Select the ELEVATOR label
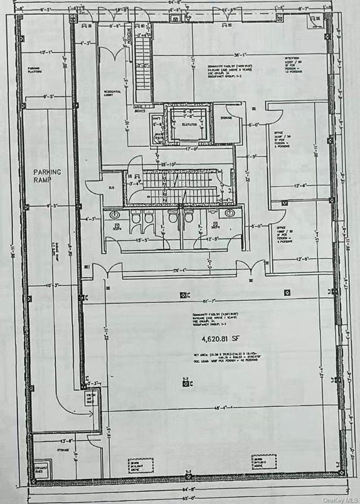click(x=189, y=125)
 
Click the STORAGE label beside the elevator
click(x=226, y=118)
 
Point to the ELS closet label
click(x=110, y=186)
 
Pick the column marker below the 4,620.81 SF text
click(x=186, y=377)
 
